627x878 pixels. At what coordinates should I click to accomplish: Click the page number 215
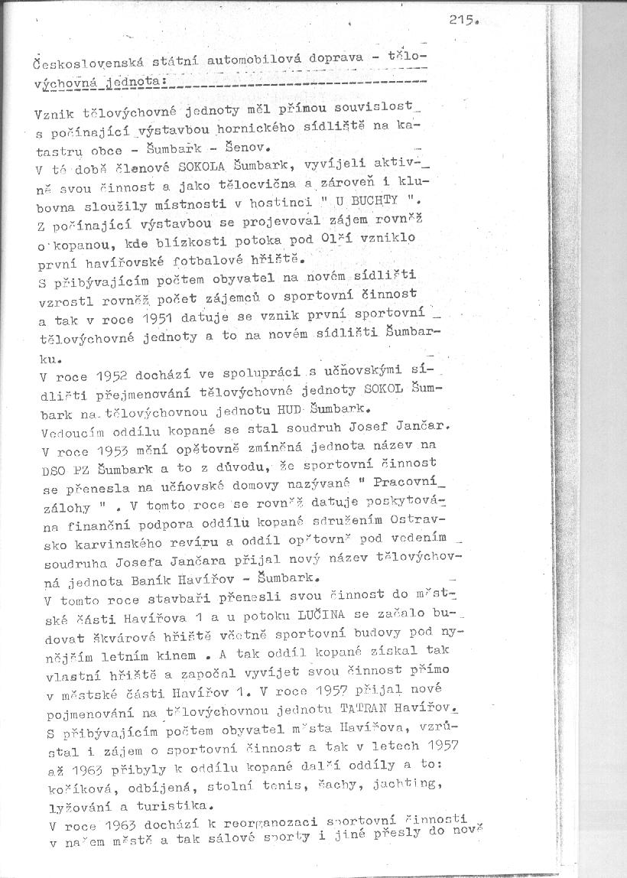coord(463,23)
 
